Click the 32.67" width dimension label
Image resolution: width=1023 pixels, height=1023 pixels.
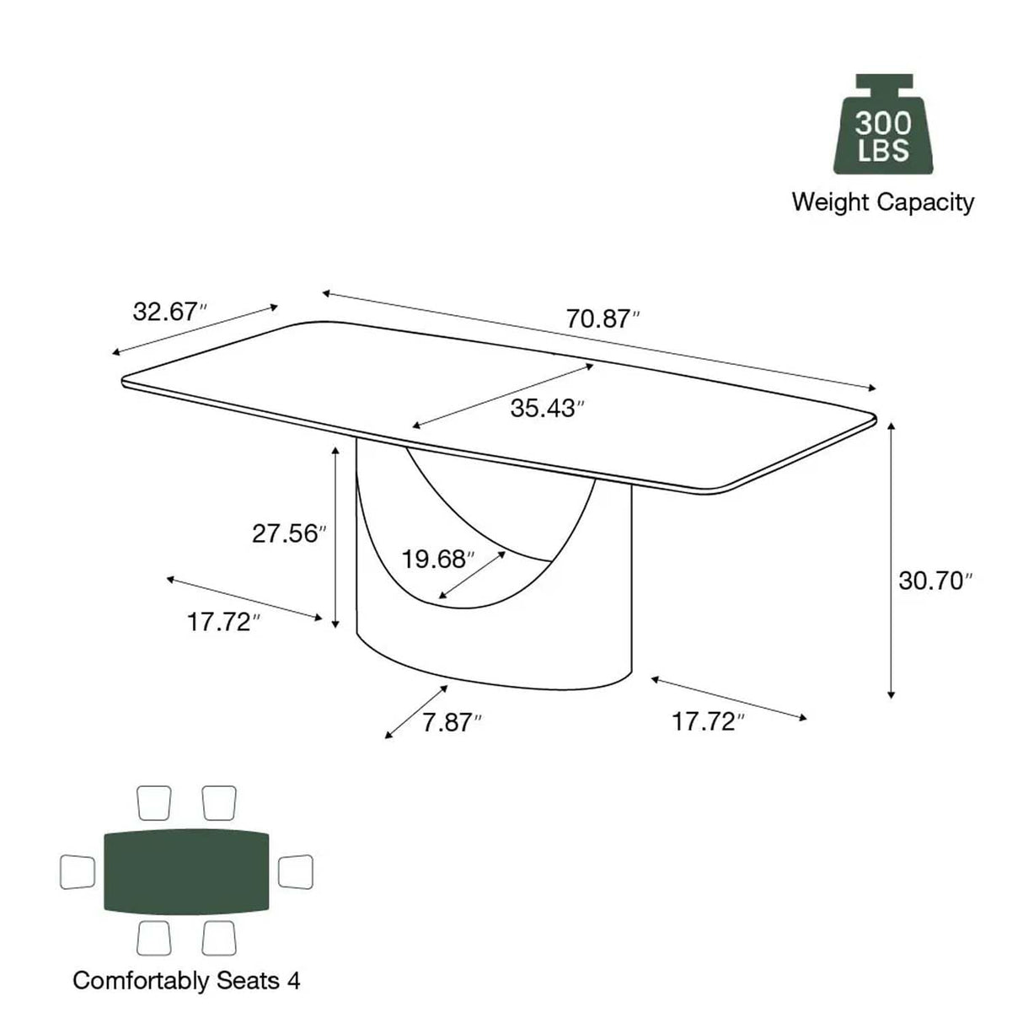click(169, 312)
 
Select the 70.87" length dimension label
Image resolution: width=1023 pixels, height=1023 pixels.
click(602, 319)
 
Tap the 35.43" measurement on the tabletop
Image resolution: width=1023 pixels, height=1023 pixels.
click(546, 408)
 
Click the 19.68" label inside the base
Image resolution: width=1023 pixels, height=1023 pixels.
click(437, 559)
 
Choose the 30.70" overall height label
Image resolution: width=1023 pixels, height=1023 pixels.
click(935, 581)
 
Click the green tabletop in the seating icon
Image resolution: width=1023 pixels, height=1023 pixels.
click(187, 871)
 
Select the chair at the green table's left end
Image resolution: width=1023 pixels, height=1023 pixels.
click(78, 871)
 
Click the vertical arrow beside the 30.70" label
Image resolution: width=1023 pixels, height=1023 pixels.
click(891, 560)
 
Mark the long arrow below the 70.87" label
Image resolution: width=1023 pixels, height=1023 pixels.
click(599, 340)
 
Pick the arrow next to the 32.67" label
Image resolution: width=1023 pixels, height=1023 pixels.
click(195, 329)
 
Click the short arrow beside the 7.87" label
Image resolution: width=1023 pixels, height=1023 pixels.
click(416, 712)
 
